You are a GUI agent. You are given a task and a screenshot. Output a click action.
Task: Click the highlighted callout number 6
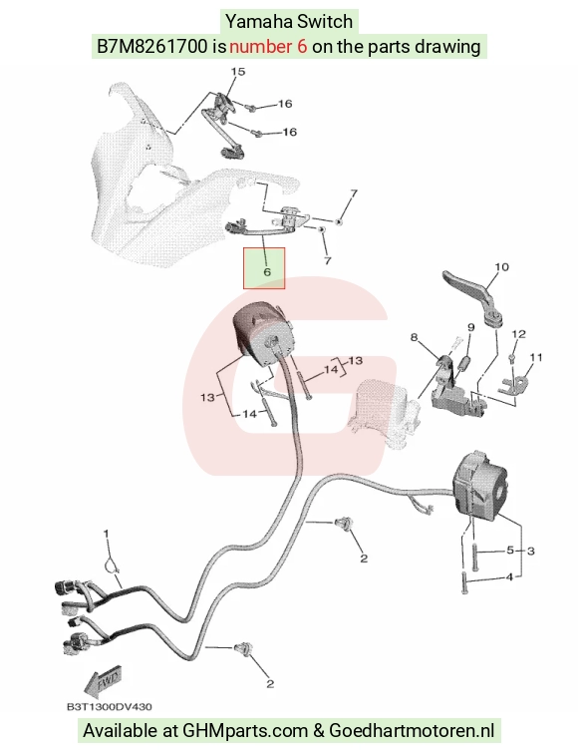click(267, 271)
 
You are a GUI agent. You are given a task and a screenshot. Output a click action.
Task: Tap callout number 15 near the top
click(238, 72)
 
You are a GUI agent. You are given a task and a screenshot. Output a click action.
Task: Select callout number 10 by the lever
click(502, 266)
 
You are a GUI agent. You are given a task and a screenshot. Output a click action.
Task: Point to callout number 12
click(518, 334)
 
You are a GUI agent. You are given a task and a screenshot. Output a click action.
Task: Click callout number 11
click(536, 357)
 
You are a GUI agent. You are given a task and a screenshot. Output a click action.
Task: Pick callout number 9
click(471, 327)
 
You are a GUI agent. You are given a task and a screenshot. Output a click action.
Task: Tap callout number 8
click(415, 337)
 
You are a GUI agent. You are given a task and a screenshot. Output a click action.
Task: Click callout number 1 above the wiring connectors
click(107, 534)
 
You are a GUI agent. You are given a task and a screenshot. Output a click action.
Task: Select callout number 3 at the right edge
click(530, 552)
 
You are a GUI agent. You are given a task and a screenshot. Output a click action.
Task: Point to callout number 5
click(510, 550)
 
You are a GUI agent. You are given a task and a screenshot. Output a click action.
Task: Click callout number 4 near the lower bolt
click(509, 576)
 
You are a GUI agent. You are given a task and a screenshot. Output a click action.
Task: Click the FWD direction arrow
click(103, 681)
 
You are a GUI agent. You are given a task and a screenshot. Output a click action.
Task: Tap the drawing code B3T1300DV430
click(110, 706)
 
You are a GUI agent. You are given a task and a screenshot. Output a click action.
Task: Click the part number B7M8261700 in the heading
click(152, 47)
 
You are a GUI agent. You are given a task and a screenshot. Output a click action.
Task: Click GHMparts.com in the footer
click(245, 731)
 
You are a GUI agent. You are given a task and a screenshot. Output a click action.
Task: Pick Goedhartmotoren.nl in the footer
click(412, 731)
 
